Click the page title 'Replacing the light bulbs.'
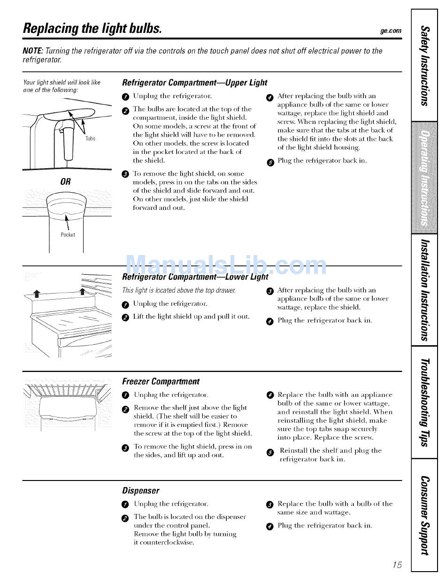92,28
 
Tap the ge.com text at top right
392,31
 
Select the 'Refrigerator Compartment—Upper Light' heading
194,83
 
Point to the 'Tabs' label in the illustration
91,139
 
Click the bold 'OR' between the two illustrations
65,182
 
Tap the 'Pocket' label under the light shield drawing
68,234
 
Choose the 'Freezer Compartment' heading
161,381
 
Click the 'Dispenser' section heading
140,490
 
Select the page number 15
397,565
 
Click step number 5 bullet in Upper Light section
269,162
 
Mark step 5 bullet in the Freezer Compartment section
269,452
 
